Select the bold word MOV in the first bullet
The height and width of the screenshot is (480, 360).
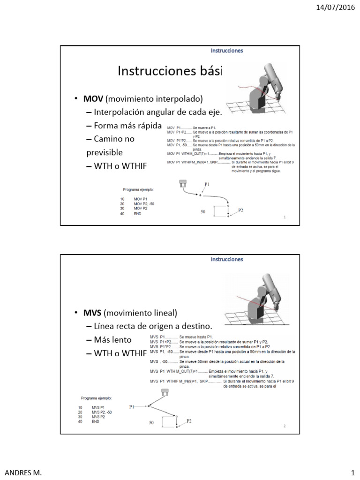tap(93, 99)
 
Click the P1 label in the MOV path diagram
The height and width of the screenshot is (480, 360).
tap(207, 185)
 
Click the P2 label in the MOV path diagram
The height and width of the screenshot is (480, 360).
tap(240, 210)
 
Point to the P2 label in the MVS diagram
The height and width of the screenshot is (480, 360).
tap(189, 421)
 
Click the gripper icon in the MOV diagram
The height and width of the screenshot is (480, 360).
tap(182, 184)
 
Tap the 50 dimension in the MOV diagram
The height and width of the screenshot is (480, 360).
tap(203, 212)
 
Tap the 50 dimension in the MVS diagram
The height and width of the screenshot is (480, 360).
tap(151, 423)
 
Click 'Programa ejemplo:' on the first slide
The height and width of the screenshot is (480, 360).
tap(138, 189)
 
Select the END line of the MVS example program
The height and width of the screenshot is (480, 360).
tap(95, 421)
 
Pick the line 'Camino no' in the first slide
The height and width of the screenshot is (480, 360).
tap(114, 139)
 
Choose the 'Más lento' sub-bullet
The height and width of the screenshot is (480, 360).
tap(113, 339)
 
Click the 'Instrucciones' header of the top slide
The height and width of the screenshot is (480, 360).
tap(226, 51)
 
